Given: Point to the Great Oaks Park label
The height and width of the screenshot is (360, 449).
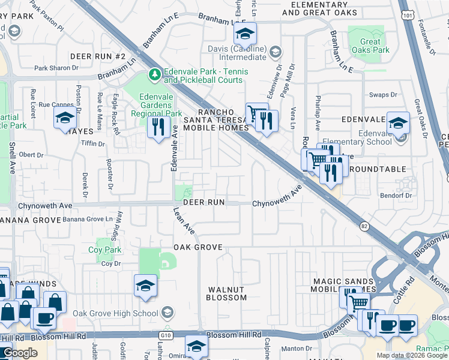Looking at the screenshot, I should (375, 46).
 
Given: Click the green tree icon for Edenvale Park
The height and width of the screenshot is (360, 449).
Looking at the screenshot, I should (155, 73).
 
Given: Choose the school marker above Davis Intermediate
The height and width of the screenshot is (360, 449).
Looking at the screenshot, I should (244, 34).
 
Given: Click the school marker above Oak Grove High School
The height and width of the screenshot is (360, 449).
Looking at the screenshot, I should (145, 286).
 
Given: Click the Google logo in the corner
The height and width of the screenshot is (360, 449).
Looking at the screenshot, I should (20, 353).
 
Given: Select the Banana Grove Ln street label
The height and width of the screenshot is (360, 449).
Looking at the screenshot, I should (88, 220).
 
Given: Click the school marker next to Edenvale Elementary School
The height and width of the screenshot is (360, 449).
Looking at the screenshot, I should (397, 124).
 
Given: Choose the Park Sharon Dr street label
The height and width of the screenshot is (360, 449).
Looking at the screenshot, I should (56, 68).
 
